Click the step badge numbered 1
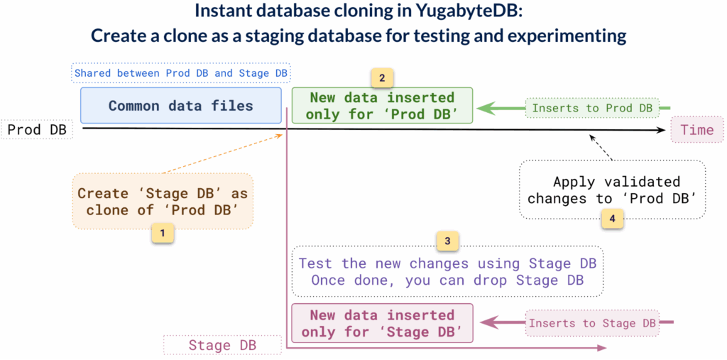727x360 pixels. pyautogui.click(x=163, y=231)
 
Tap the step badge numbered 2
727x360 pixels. pyautogui.click(x=382, y=77)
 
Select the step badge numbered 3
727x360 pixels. pyautogui.click(x=447, y=241)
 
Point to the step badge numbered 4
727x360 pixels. pyautogui.click(x=612, y=218)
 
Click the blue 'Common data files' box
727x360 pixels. pyautogui.click(x=180, y=106)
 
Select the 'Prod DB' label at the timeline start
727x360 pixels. pyautogui.click(x=36, y=130)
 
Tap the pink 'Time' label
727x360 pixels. pyautogui.click(x=696, y=130)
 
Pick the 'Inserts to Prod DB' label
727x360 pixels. pyautogui.click(x=592, y=108)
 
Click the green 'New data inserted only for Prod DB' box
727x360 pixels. pyautogui.click(x=381, y=106)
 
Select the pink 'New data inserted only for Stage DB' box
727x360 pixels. pyautogui.click(x=381, y=323)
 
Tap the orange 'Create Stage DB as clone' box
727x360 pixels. pyautogui.click(x=162, y=201)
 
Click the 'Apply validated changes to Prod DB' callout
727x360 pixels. pyautogui.click(x=612, y=190)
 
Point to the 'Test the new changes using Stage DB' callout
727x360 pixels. pyautogui.click(x=447, y=271)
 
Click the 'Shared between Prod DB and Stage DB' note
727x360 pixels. pyautogui.click(x=182, y=73)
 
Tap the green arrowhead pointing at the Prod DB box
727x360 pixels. pyautogui.click(x=485, y=108)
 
